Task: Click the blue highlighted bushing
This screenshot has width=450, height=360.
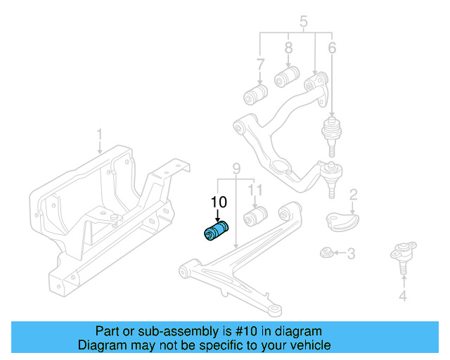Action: tap(217, 231)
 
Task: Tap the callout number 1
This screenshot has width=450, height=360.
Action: tap(99, 133)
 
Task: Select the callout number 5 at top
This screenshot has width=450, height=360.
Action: tap(304, 22)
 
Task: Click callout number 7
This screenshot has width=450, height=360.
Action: tap(260, 65)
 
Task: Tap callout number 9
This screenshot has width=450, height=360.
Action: tap(236, 168)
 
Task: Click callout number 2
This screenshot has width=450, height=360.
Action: tap(354, 194)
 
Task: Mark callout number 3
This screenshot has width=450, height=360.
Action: tap(350, 252)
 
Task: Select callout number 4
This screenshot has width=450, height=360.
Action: tap(402, 296)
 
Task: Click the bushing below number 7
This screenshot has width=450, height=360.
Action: tap(257, 93)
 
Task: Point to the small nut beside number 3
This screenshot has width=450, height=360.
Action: tap(326, 252)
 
